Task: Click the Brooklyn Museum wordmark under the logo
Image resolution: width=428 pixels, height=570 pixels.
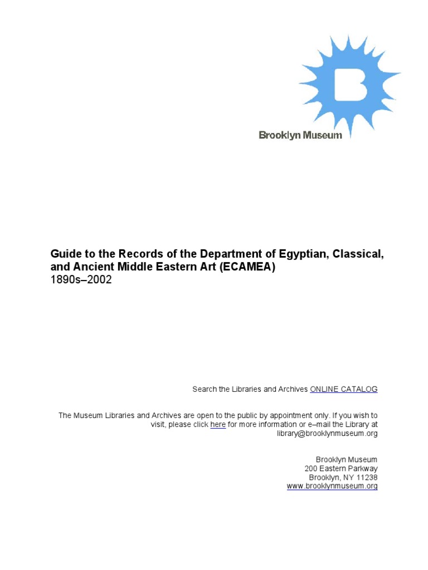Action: [x=300, y=135]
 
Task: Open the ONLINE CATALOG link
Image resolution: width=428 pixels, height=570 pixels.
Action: [x=344, y=389]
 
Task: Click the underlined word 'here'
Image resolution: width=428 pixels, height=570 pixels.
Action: [x=218, y=425]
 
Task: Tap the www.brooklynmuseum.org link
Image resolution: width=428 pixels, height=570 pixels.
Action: [x=332, y=486]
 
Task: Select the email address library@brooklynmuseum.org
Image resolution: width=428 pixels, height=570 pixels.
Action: [x=327, y=434]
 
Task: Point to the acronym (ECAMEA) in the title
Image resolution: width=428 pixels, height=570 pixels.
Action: [x=247, y=267]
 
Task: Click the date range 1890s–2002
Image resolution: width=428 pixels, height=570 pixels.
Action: [x=81, y=280]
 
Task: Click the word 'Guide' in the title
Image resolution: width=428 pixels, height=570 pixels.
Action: [x=65, y=254]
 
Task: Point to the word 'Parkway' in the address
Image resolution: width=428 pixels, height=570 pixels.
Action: [x=363, y=469]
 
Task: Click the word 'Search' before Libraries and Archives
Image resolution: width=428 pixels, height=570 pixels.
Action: [x=205, y=389]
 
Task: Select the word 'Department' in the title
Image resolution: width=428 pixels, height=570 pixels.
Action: [x=225, y=254]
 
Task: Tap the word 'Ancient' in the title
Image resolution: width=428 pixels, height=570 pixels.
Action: [x=90, y=267]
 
